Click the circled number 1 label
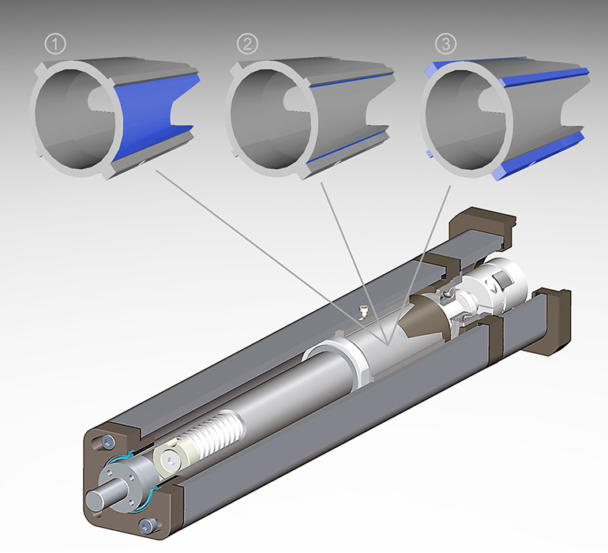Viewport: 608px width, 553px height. pyautogui.click(x=54, y=45)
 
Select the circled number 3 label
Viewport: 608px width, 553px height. pyautogui.click(x=445, y=45)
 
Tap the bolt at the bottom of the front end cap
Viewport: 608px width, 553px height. pyautogui.click(x=145, y=524)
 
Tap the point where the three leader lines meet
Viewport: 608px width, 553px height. pyautogui.click(x=387, y=344)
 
